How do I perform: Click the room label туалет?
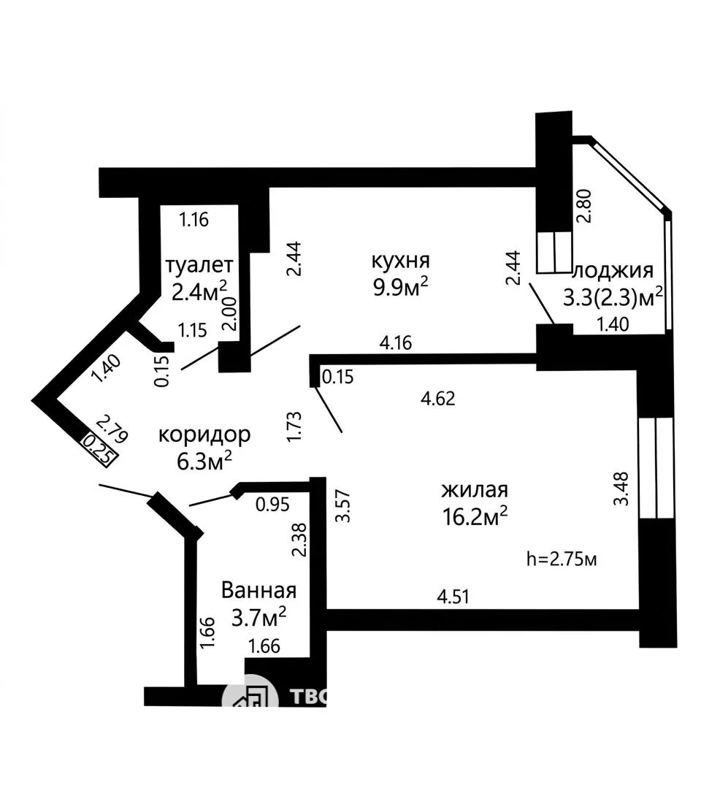pyautogui.click(x=199, y=265)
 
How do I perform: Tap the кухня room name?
pyautogui.click(x=400, y=261)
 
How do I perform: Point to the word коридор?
pyautogui.click(x=204, y=434)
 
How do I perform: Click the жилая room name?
pyautogui.click(x=475, y=490)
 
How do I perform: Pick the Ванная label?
pyautogui.click(x=259, y=590)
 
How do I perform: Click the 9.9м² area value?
pyautogui.click(x=400, y=288)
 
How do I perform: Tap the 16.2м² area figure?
pyautogui.click(x=475, y=516)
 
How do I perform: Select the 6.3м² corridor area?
pyautogui.click(x=204, y=461)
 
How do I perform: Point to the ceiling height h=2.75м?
pyautogui.click(x=562, y=559)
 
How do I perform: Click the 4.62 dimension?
pyautogui.click(x=438, y=399)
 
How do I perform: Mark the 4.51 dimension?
pyautogui.click(x=453, y=597)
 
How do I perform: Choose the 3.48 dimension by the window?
pyautogui.click(x=621, y=489)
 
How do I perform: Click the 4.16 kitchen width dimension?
pyautogui.click(x=396, y=342)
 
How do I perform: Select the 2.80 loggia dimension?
pyautogui.click(x=585, y=206)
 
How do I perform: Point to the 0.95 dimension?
pyautogui.click(x=273, y=505)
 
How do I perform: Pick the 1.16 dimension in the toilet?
pyautogui.click(x=194, y=220)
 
